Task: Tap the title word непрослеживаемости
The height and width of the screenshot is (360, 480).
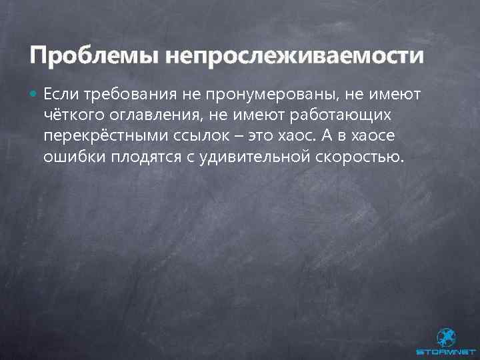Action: click(x=294, y=55)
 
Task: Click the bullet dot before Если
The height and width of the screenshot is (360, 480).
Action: click(x=34, y=95)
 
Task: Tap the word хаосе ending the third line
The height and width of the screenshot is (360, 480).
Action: click(x=379, y=137)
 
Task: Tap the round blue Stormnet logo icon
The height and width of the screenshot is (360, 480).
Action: click(x=446, y=337)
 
